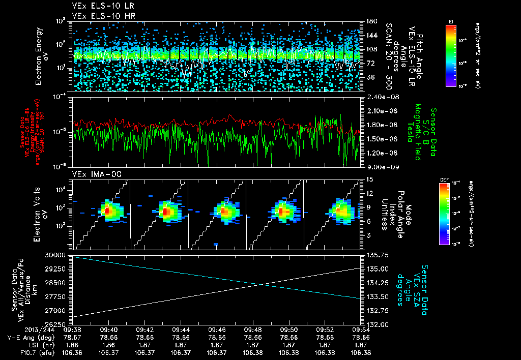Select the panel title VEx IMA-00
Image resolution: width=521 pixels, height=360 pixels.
pos(90,174)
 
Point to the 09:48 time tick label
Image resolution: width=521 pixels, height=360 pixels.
pos(253,329)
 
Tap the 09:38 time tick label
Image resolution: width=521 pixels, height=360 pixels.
pos(74,329)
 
